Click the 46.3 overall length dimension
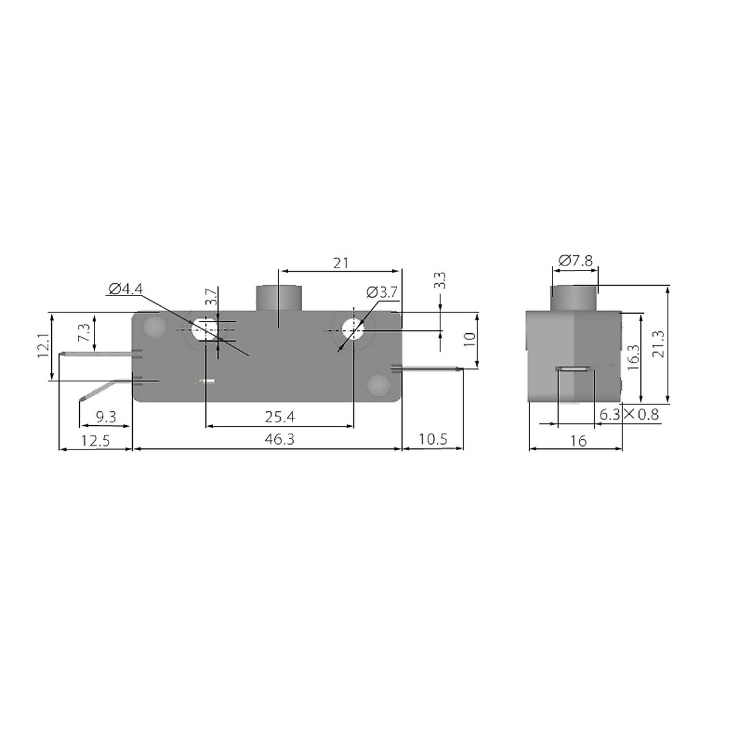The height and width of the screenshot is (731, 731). coord(280,439)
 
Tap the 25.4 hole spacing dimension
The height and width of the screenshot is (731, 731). coord(280,417)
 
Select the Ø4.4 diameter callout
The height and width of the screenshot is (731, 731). coord(125,289)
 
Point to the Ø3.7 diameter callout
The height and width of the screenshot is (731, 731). coord(381,292)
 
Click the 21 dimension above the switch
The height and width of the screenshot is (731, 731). coord(341,263)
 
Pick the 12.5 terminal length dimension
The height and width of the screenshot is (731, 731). coord(95,441)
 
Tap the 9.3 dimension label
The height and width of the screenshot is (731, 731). coord(106,417)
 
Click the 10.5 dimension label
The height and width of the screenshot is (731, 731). coord(433,439)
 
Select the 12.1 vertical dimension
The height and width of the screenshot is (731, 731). coord(43,345)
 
